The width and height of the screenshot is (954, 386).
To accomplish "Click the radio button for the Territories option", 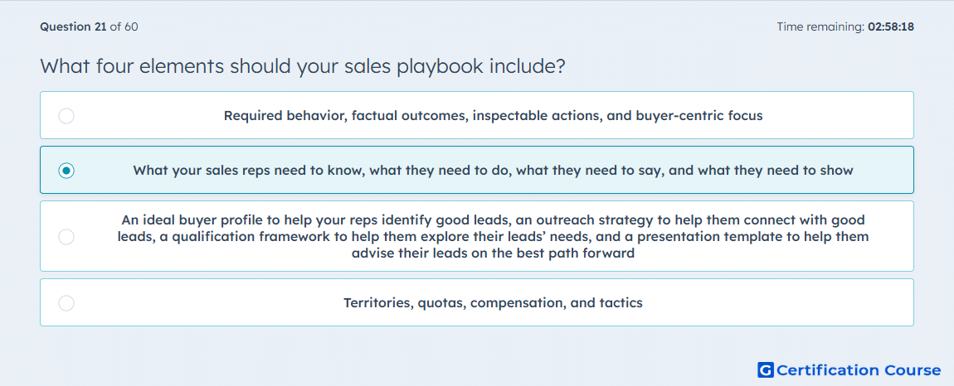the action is tap(66, 302).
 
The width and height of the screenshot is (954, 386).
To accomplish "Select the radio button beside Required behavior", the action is tap(66, 115).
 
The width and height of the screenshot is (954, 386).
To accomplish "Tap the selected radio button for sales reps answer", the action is tap(66, 171).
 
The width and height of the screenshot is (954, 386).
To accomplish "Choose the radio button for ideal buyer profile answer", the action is tap(66, 236).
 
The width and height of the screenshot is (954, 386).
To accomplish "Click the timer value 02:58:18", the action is tap(891, 27).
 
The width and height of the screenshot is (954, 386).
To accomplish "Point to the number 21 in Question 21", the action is tap(100, 27).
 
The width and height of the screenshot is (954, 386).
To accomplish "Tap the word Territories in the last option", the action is tap(377, 302).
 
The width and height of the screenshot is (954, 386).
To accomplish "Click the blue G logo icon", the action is tap(766, 369).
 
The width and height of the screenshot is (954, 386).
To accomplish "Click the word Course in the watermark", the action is tap(912, 370).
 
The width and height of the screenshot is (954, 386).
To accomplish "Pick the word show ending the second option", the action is tap(836, 171).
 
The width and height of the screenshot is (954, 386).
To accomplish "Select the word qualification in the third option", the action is tap(210, 237).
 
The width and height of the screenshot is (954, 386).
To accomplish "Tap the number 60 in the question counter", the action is tap(131, 27).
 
